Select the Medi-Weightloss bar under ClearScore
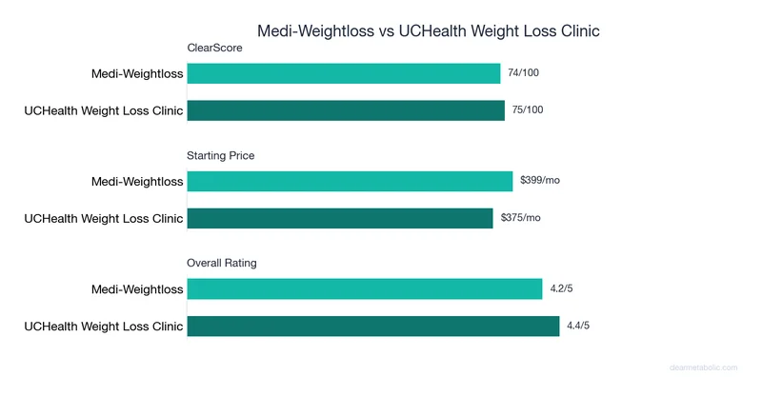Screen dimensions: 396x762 (344, 73)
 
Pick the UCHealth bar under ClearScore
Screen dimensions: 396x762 (346, 110)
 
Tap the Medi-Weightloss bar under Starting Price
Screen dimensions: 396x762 (350, 181)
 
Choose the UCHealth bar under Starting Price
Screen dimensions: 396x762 (340, 218)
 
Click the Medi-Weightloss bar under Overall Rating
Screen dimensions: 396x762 (364, 288)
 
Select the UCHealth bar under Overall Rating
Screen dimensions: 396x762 (372, 326)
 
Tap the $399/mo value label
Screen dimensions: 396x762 (540, 181)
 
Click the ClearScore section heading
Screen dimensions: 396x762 (213, 48)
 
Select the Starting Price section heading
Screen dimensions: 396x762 (221, 155)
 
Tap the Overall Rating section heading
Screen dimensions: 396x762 (222, 263)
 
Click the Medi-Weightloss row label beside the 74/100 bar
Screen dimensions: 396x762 (136, 73)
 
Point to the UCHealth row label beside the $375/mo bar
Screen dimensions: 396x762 (103, 218)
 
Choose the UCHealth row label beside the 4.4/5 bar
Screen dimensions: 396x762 (103, 326)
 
